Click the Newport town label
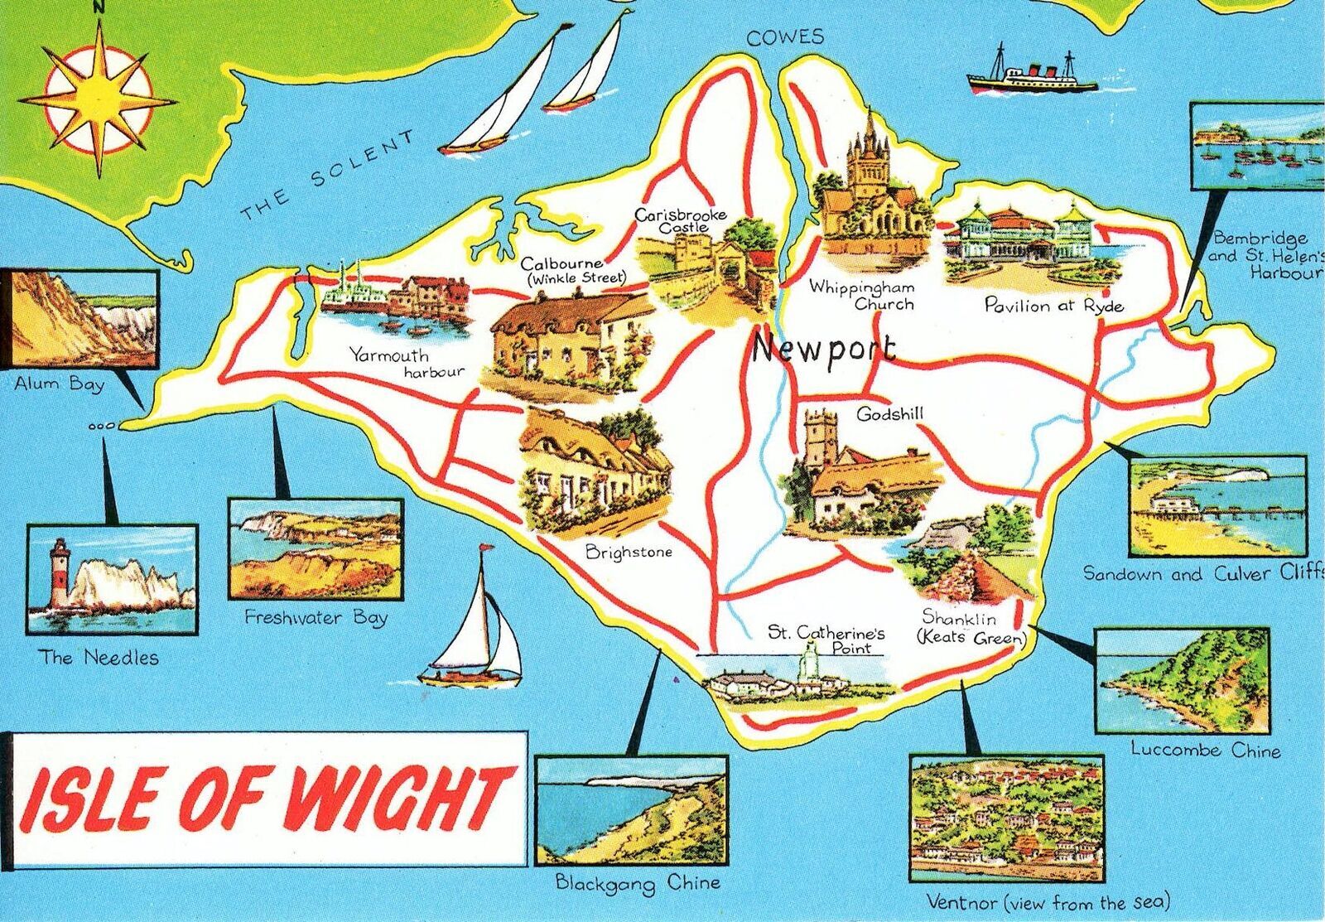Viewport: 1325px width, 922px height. point(823,350)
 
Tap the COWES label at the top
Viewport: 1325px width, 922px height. point(785,36)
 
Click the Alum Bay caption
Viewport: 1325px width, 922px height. point(59,384)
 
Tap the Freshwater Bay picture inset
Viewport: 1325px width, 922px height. point(315,548)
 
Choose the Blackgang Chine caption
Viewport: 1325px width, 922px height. point(637,883)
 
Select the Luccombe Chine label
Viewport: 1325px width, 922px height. point(1205,751)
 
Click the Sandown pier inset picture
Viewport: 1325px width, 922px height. point(1217,504)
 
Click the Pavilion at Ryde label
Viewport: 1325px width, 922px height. point(1053,306)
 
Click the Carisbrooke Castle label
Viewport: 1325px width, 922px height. point(680,220)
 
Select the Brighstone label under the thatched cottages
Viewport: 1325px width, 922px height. point(629,552)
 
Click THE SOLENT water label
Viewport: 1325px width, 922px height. point(326,176)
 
